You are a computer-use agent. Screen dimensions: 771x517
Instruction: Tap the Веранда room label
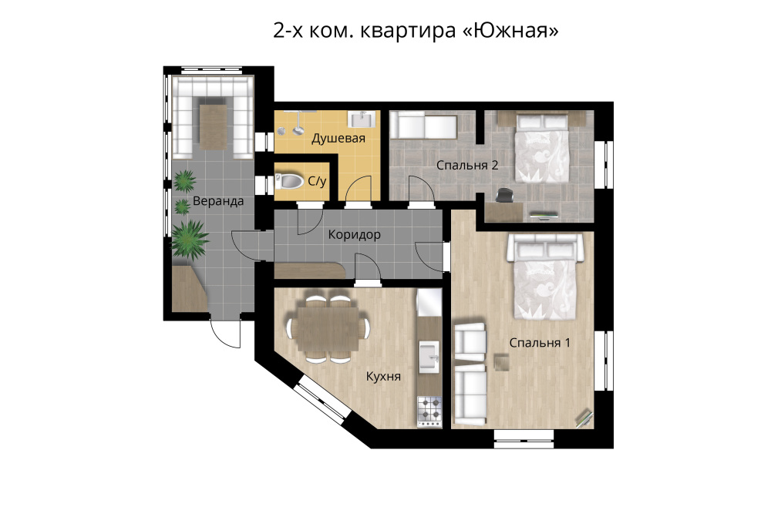click(x=218, y=201)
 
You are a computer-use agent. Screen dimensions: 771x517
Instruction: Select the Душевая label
click(x=338, y=138)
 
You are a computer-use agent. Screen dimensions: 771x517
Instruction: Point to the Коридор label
click(x=354, y=234)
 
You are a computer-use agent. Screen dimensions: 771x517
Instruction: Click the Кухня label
click(x=383, y=377)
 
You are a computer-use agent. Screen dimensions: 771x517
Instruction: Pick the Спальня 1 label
click(x=540, y=343)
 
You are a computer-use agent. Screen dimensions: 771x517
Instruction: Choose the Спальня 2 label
click(x=467, y=165)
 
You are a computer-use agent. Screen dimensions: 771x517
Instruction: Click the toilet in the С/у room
click(x=289, y=181)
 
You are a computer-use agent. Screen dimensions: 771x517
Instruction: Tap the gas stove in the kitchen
click(x=429, y=411)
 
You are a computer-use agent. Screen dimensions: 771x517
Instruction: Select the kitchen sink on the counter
click(x=429, y=357)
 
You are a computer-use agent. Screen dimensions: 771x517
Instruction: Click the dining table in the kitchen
click(x=328, y=327)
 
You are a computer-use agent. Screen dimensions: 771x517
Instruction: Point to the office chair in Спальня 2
click(x=504, y=195)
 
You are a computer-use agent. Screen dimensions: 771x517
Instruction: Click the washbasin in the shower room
click(x=362, y=119)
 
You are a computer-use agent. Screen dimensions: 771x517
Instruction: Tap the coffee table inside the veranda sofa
click(x=213, y=126)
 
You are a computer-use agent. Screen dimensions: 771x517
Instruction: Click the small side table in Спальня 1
click(x=502, y=361)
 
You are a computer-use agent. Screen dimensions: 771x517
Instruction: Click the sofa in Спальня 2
click(x=423, y=125)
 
